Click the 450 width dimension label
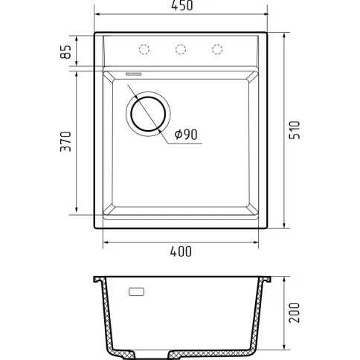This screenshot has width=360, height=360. (181, 5)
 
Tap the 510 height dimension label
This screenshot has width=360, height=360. (295, 130)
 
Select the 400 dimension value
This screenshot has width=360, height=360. (181, 251)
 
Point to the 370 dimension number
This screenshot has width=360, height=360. (66, 141)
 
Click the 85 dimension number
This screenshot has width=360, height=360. (66, 52)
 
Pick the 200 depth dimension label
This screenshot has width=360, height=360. (295, 312)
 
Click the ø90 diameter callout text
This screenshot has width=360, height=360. (186, 135)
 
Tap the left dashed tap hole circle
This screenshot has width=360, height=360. (144, 49)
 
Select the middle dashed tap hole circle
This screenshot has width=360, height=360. (181, 49)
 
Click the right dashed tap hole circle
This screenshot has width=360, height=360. (217, 49)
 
